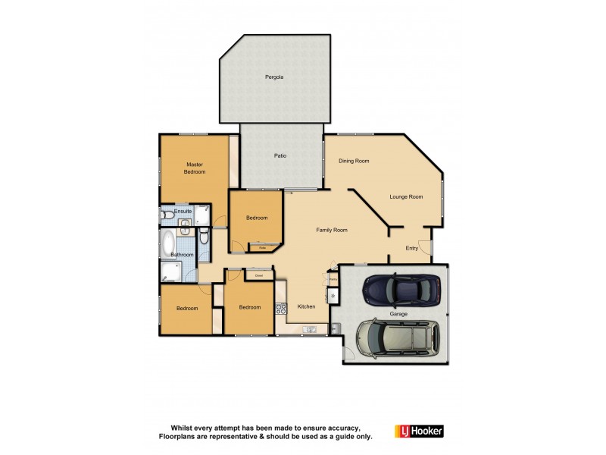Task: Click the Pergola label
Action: [x=273, y=77]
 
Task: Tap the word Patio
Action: [x=280, y=156]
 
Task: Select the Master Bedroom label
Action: [x=195, y=168]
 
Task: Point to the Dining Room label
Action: [x=354, y=161]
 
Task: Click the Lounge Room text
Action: [x=406, y=197]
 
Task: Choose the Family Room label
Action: [x=331, y=229]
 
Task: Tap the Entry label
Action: [x=411, y=248]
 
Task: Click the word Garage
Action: [x=399, y=312]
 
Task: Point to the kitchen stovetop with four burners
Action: [x=280, y=308]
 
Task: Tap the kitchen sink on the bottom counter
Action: [x=310, y=329]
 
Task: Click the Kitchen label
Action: [x=306, y=307]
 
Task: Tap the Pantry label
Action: [x=333, y=278]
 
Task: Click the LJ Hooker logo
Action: [x=419, y=431]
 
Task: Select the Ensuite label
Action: [x=183, y=211]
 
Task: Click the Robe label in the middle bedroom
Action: [x=263, y=247]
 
